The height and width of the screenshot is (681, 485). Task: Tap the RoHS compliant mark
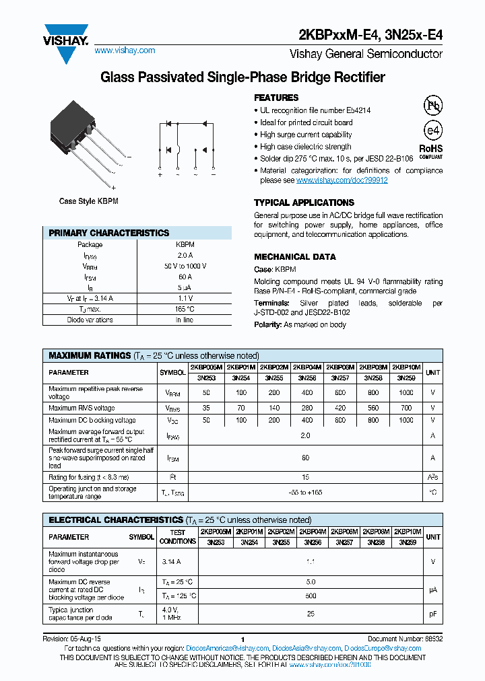click(x=431, y=151)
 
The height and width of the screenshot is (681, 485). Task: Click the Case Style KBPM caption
click(x=85, y=201)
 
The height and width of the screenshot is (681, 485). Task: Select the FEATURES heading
click(x=276, y=98)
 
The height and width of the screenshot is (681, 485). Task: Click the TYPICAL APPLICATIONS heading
click(x=304, y=203)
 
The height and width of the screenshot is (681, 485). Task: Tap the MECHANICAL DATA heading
click(x=294, y=257)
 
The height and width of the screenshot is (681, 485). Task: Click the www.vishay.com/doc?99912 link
click(x=342, y=180)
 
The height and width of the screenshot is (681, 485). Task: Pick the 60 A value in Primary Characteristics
click(x=184, y=277)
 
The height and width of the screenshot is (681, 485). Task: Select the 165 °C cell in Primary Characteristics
click(x=184, y=309)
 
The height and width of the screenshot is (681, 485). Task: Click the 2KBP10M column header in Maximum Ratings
click(x=406, y=367)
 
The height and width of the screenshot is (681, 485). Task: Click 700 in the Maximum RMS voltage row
click(x=406, y=408)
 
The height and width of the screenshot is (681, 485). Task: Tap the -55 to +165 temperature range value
click(x=305, y=493)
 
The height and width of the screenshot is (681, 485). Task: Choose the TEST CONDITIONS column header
click(x=178, y=536)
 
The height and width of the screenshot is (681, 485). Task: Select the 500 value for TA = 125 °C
click(x=311, y=596)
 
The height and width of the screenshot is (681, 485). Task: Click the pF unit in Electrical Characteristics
click(x=433, y=614)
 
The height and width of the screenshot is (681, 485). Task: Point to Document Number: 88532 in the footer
click(x=405, y=639)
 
